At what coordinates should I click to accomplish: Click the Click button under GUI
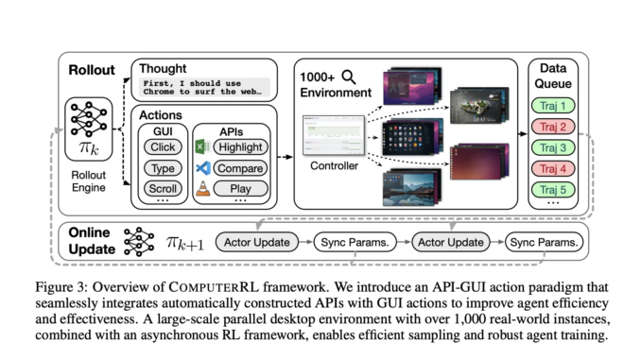click(x=163, y=148)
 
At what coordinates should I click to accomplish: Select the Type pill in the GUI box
click(x=163, y=168)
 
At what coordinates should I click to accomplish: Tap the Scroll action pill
click(x=163, y=188)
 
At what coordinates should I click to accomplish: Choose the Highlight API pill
click(x=239, y=148)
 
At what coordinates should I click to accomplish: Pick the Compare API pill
click(x=239, y=168)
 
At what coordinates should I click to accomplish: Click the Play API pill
click(x=239, y=188)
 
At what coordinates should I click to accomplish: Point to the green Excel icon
click(x=201, y=148)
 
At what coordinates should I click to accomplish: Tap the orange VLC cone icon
click(x=201, y=189)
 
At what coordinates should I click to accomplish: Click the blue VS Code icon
click(x=201, y=168)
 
